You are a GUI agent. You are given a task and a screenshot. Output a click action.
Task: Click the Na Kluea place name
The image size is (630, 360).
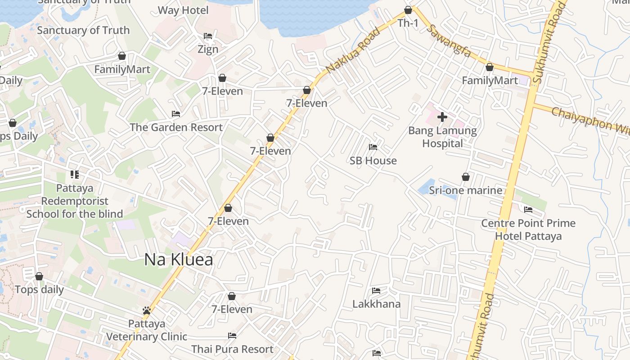179,260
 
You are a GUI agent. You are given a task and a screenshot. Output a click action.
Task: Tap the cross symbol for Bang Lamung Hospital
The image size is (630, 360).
442,117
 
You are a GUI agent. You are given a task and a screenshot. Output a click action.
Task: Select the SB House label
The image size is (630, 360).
373,161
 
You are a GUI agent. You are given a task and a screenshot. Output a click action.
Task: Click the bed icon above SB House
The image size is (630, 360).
373,147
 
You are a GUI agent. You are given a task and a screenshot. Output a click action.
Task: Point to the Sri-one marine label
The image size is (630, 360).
465,190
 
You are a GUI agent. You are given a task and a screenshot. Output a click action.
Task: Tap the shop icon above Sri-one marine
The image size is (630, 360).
466,177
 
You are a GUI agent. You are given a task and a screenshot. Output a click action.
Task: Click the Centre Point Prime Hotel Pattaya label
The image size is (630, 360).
528,229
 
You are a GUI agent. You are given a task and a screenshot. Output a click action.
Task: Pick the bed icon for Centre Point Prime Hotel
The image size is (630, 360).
528,210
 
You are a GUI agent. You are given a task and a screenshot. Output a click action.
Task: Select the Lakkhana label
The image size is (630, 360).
376,304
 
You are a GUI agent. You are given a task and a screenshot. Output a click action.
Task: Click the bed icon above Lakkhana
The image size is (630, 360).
376,291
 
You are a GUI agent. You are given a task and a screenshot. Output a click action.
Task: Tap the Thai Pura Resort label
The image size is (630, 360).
232,349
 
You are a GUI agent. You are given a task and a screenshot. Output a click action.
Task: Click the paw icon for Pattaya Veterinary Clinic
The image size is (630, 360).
146,310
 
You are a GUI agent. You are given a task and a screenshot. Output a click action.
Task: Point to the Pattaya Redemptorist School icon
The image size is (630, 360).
75,175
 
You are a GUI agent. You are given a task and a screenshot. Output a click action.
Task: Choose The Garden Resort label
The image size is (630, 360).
176,127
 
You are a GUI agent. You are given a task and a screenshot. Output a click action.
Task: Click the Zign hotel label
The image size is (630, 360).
208,49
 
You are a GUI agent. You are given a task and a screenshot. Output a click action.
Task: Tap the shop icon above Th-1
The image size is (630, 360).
408,10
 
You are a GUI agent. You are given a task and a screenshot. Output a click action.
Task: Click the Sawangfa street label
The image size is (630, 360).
448,40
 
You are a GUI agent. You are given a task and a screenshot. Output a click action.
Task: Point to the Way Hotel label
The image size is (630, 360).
183,10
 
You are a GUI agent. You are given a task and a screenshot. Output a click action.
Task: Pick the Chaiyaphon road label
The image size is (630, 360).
589,119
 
